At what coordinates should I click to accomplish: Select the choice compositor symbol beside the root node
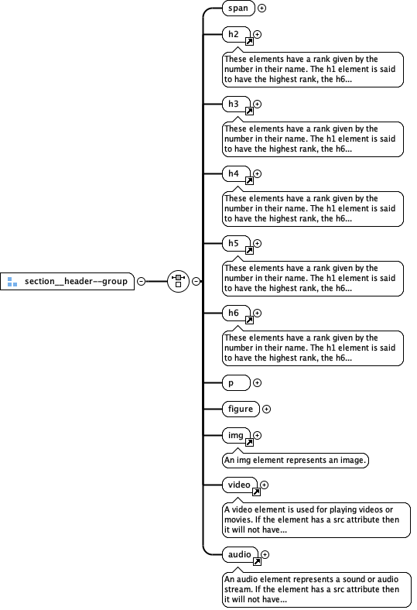pos(178,281)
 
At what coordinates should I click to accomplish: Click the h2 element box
pos(235,35)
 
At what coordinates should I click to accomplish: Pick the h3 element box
pos(235,105)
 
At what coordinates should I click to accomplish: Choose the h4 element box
pos(235,174)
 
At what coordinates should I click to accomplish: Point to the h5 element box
pos(235,244)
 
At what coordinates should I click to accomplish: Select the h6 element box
pos(235,314)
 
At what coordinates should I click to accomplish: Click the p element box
pos(235,382)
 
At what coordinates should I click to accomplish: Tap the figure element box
pos(240,409)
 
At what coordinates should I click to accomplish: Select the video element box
pos(239,485)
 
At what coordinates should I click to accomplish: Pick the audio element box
pos(239,554)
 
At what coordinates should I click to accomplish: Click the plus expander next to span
pos(262,9)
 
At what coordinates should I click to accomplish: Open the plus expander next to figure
pos(267,409)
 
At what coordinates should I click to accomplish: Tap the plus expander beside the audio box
pos(265,554)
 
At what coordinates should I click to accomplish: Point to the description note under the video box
pos(313,520)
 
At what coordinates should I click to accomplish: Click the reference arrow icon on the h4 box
pos(250,180)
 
